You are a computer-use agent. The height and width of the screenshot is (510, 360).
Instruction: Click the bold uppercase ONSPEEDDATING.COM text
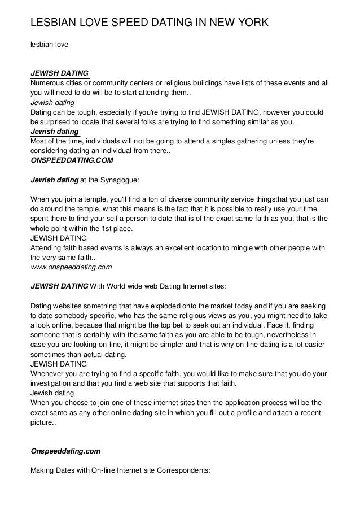point(71,160)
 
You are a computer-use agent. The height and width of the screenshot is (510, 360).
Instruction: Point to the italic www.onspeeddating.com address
point(71,265)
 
